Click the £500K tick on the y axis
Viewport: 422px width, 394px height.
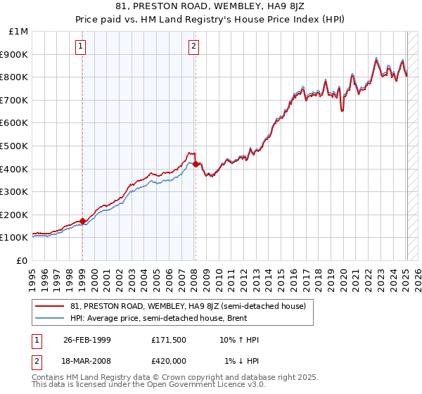point(14,146)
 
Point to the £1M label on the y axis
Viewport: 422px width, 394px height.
point(18,31)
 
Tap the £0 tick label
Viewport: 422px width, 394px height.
point(23,260)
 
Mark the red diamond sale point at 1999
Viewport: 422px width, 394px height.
point(82,221)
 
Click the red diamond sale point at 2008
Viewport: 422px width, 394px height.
point(196,164)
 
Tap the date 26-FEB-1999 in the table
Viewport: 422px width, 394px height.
point(87,340)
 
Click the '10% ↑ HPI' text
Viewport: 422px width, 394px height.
point(239,340)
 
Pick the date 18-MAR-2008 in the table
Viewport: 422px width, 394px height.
point(87,361)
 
